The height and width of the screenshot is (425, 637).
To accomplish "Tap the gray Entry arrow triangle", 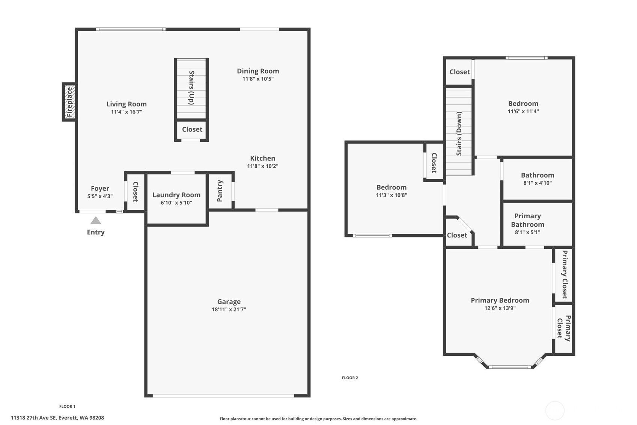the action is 96,220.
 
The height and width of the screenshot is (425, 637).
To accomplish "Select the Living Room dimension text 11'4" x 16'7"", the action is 126,112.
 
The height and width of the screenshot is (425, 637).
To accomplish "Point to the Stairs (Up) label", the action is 192,88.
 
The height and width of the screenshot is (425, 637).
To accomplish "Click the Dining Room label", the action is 258,71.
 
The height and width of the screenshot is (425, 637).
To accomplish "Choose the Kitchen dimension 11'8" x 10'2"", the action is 262,166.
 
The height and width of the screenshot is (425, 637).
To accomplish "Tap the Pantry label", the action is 220,191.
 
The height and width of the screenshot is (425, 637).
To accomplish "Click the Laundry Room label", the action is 176,195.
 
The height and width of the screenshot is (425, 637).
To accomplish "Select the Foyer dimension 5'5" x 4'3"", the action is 100,196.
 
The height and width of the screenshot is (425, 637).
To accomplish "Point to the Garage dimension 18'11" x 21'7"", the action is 229,309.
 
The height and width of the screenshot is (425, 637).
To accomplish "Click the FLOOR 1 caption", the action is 68,407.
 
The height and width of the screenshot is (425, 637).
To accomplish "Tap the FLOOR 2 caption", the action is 350,378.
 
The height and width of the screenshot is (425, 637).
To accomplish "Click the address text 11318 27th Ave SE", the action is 33,418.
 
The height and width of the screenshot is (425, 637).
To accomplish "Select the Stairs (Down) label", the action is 459,133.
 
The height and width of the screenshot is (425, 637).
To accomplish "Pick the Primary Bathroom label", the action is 527,220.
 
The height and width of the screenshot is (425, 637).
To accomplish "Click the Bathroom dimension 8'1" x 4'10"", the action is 538,183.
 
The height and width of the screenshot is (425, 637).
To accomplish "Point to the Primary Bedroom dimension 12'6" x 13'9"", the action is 500,308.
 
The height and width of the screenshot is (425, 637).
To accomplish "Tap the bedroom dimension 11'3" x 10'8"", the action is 392,195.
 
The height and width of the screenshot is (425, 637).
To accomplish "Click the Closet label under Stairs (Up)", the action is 192,129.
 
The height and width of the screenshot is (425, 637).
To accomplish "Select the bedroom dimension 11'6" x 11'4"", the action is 523,111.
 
